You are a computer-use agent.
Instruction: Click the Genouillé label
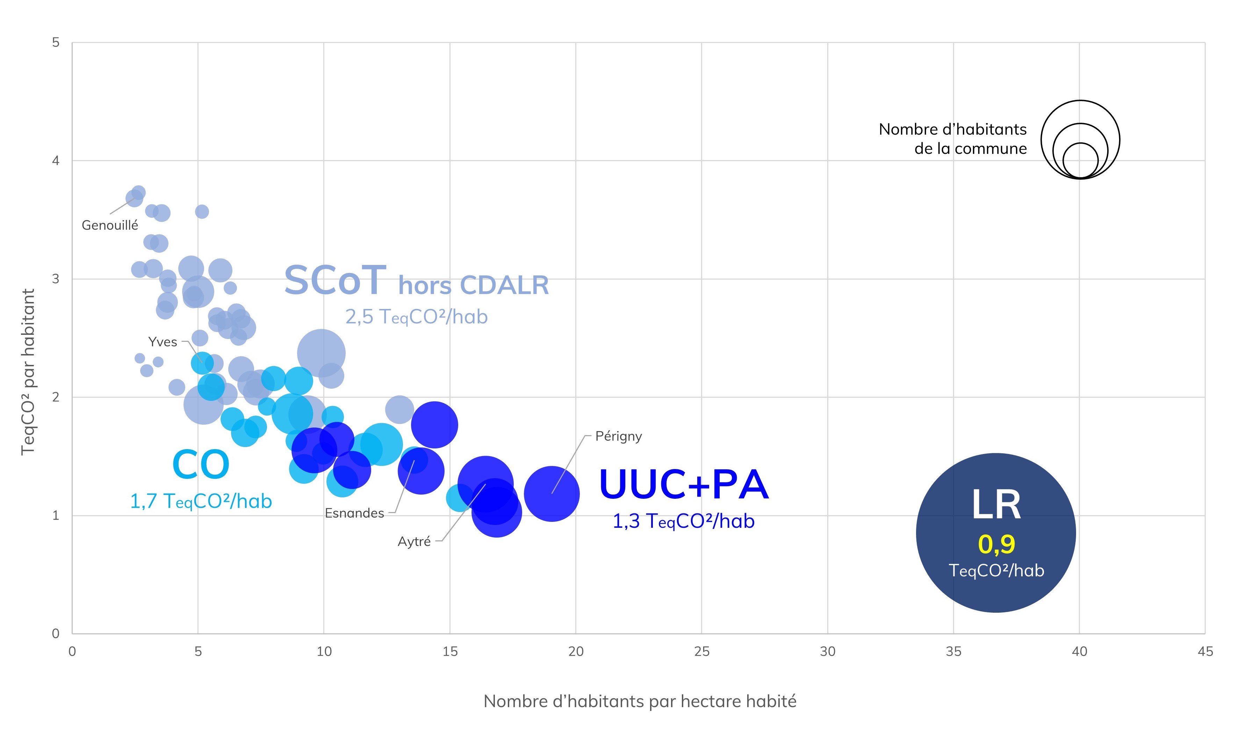click(110, 225)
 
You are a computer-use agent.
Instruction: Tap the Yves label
click(163, 342)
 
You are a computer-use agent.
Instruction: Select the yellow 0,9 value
click(996, 544)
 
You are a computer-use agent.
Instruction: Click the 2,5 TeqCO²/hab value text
click(416, 317)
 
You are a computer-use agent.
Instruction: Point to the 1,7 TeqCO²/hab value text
click(201, 501)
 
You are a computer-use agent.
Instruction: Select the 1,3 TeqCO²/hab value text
click(683, 521)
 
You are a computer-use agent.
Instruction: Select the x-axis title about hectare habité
click(640, 701)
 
